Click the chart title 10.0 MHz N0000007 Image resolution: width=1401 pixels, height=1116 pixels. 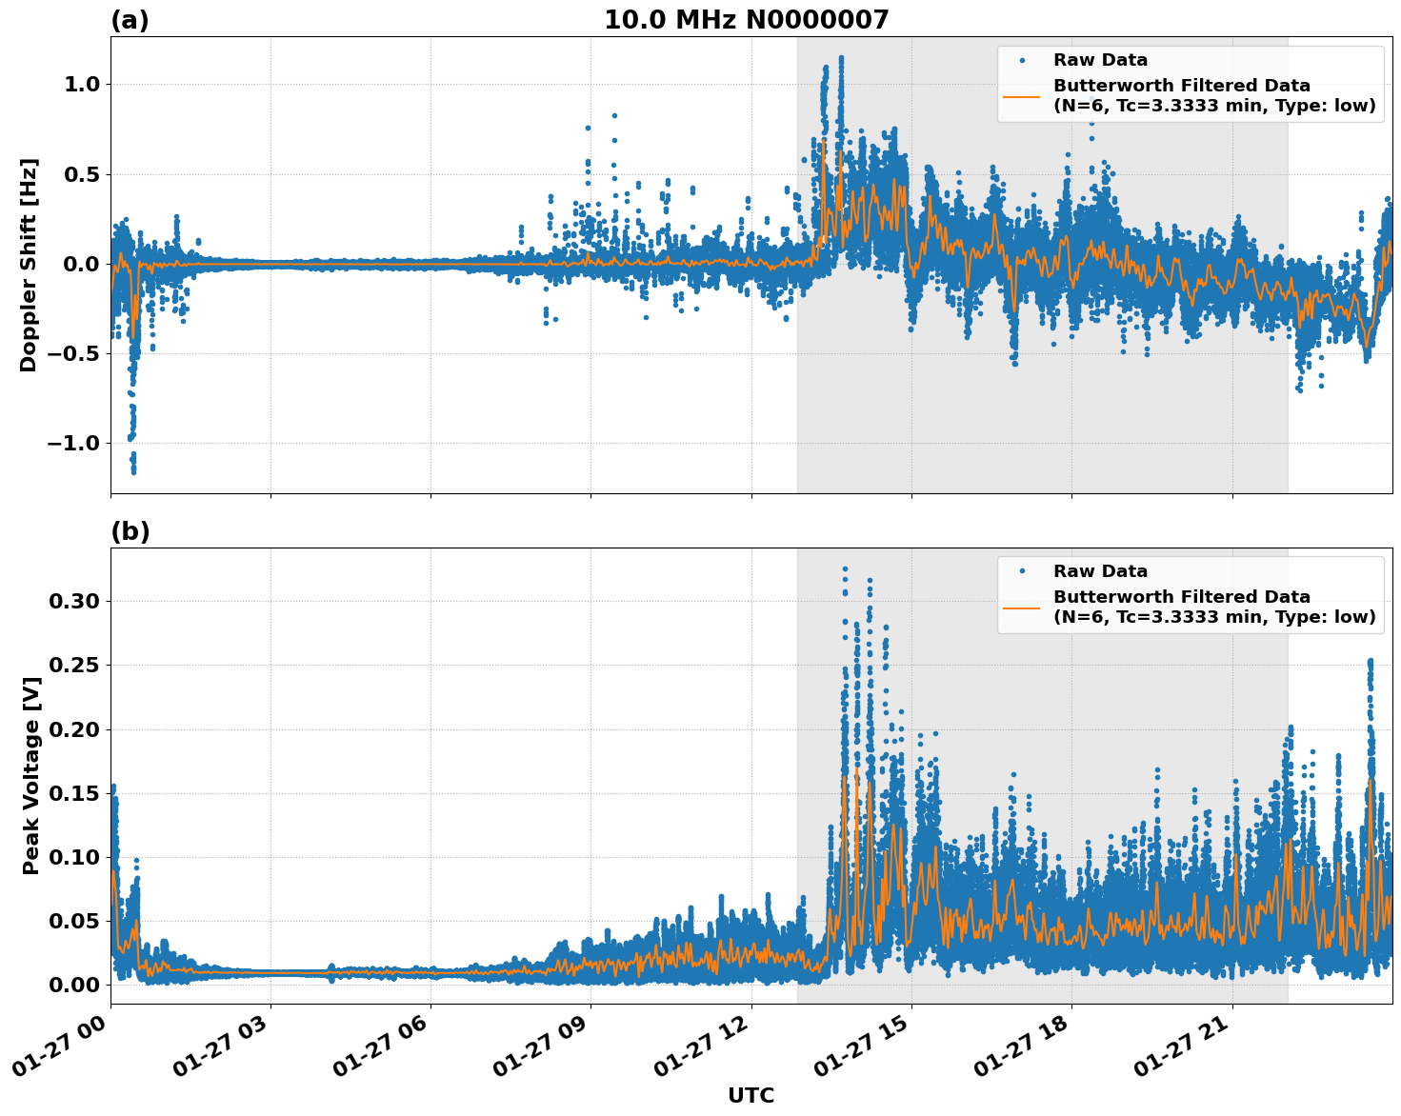tap(746, 20)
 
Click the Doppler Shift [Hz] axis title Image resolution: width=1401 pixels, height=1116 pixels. tap(29, 265)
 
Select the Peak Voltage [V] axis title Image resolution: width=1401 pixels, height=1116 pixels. tap(31, 776)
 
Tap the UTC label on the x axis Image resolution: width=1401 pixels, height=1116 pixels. tap(751, 1095)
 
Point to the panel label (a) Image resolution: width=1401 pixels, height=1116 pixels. tap(130, 20)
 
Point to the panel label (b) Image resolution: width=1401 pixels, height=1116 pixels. tap(130, 531)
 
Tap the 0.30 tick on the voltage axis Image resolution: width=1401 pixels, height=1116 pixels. tap(74, 602)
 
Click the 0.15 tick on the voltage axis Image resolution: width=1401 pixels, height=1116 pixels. tap(74, 793)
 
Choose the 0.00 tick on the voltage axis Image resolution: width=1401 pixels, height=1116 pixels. tap(74, 985)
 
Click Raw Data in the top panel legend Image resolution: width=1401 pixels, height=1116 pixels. tap(1100, 60)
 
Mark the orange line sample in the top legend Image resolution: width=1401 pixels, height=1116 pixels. tap(1021, 95)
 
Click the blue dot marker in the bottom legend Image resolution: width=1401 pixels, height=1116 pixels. tap(1021, 571)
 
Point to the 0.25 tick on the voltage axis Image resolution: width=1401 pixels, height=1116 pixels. tap(74, 666)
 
